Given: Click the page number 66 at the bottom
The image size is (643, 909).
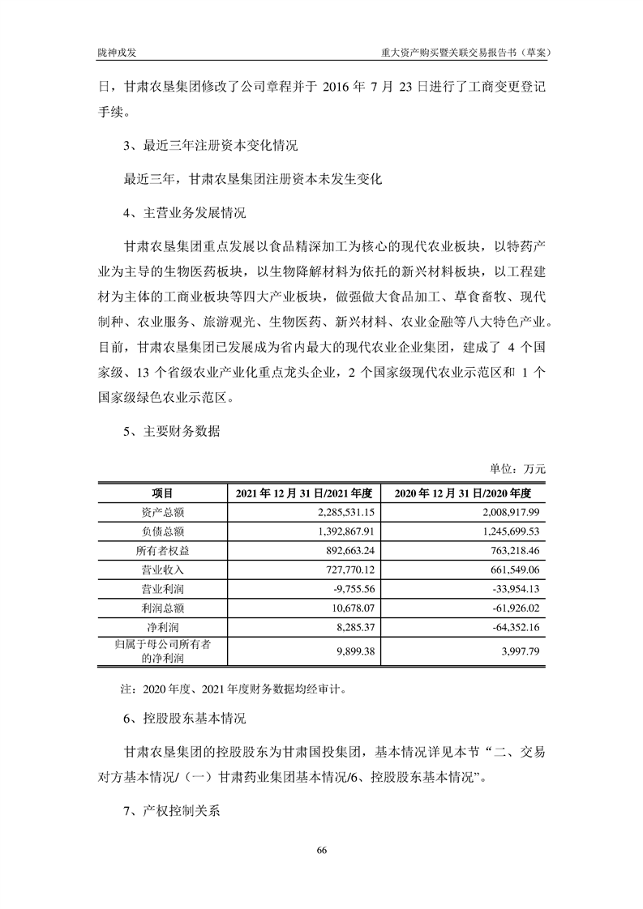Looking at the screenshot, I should (322, 850).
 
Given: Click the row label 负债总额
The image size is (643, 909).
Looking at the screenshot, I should (162, 531).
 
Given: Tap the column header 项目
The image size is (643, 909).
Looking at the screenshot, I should (162, 493).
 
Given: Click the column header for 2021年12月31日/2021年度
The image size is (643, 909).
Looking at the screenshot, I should (303, 493).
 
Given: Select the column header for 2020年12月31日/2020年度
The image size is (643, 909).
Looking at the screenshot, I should (462, 493).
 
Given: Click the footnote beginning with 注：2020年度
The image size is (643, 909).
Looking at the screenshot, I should (234, 690).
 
